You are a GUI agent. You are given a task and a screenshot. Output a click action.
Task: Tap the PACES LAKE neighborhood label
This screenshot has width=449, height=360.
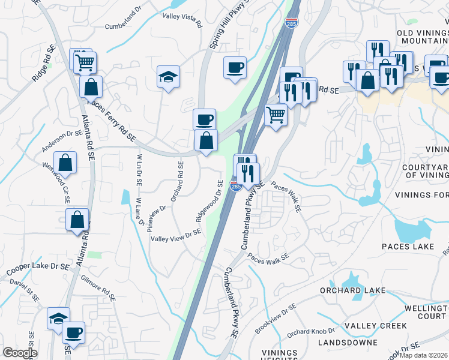pyautogui.click(x=408, y=247)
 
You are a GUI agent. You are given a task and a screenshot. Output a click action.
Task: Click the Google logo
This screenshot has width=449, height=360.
pyautogui.click(x=19, y=353)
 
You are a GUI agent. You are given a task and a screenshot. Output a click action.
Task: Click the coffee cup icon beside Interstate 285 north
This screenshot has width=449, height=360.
pyautogui.click(x=235, y=67)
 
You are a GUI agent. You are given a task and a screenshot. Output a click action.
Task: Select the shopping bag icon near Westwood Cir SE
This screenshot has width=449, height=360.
pyautogui.click(x=65, y=163)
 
